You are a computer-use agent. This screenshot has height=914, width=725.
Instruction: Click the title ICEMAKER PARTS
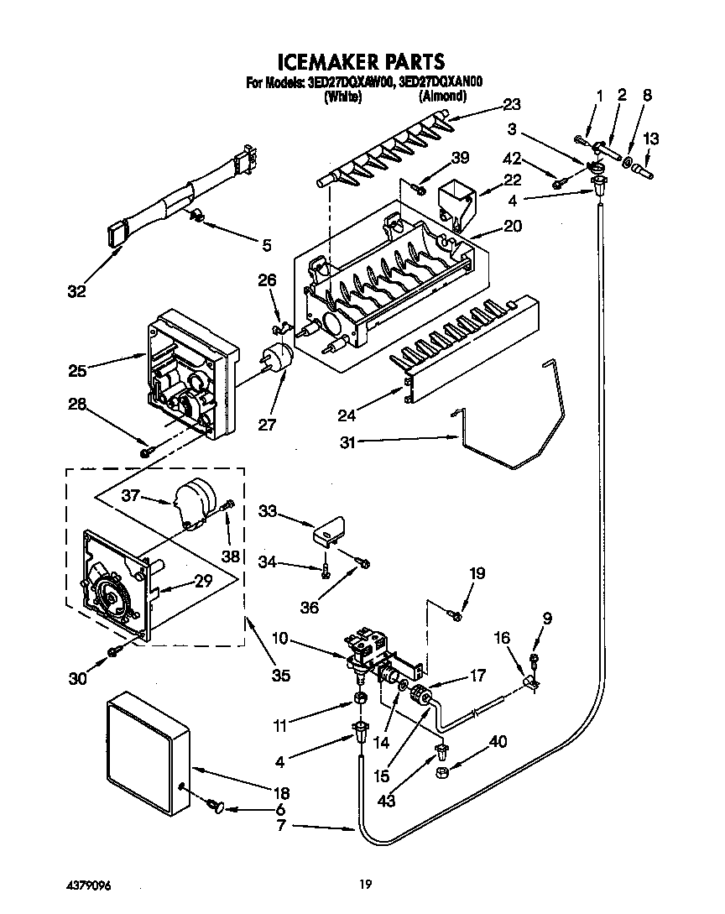361,61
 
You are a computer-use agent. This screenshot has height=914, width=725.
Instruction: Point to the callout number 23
511,105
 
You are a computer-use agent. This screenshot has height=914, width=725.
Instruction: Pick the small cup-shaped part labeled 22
454,199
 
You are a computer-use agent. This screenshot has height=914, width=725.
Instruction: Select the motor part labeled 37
194,504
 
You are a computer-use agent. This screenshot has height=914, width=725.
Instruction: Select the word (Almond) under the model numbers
442,97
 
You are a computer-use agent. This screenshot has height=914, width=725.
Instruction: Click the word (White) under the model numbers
342,97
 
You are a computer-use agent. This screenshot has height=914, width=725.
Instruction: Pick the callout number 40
498,741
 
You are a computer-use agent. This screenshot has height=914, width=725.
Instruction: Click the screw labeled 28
147,452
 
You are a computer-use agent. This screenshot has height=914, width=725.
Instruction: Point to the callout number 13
651,138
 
